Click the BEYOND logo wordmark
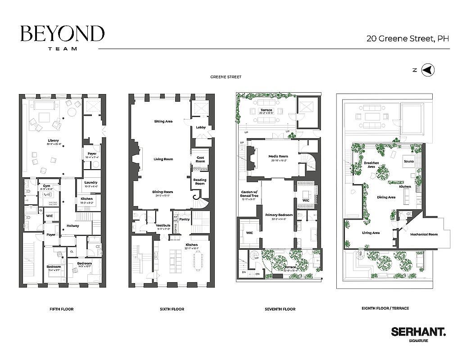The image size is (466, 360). (62, 34)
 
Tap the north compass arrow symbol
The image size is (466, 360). (429, 70)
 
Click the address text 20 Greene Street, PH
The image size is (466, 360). (407, 39)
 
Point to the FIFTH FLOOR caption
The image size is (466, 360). (62, 309)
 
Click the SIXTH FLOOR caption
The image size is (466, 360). (172, 309)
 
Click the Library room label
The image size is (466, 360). (53, 141)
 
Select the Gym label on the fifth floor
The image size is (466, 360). (46, 185)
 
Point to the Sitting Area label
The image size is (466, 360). (163, 121)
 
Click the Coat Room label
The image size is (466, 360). (200, 159)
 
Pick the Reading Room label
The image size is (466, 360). (200, 182)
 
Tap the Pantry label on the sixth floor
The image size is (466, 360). (185, 219)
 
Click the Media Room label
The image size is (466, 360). (278, 156)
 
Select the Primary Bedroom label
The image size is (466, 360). (279, 215)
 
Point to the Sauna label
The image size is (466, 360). (409, 161)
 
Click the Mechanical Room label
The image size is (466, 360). (424, 234)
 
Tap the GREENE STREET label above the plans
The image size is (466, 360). (226, 77)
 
